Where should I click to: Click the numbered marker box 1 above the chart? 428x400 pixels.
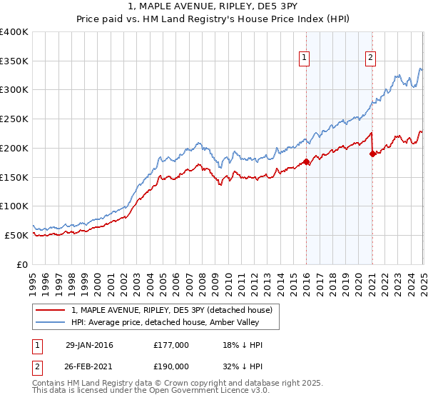[305, 59]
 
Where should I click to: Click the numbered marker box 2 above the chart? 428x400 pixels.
[371, 59]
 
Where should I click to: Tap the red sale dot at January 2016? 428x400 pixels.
[307, 161]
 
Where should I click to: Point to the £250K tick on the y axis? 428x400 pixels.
[15, 119]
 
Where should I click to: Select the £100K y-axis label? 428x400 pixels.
[15, 206]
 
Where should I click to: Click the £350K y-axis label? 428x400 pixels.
[15, 61]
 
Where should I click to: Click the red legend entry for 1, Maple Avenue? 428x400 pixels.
[172, 310]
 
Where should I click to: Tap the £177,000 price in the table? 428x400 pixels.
[170, 345]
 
